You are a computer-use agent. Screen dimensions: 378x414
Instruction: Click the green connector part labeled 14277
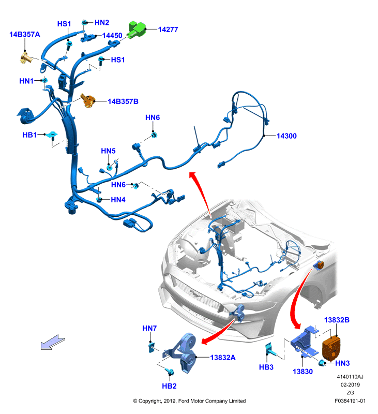click(x=136, y=29)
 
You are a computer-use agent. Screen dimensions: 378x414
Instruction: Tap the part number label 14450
click(x=112, y=36)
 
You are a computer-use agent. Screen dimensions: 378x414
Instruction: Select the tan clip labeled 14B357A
click(x=25, y=57)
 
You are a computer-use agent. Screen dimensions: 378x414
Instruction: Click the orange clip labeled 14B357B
click(x=88, y=100)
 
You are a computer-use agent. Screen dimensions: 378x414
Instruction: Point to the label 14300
click(x=286, y=136)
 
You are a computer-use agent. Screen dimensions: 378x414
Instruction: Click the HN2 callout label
click(x=102, y=23)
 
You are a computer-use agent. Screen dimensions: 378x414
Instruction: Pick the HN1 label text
click(x=26, y=81)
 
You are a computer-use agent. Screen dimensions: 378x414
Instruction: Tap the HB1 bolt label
click(x=29, y=135)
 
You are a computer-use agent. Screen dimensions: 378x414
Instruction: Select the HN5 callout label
click(x=108, y=151)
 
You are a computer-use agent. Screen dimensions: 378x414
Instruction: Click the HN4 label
click(x=118, y=200)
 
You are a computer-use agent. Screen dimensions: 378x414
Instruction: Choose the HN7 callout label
click(x=149, y=328)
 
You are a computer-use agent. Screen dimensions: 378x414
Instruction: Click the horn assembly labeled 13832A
click(x=182, y=352)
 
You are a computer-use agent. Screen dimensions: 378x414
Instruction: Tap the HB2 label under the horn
click(x=169, y=386)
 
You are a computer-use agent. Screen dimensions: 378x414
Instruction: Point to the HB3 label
click(x=266, y=367)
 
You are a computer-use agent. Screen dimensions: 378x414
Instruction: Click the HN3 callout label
click(x=342, y=363)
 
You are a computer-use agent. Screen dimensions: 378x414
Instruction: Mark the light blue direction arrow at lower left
click(x=53, y=343)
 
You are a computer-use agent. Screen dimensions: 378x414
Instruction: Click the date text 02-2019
click(x=350, y=385)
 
